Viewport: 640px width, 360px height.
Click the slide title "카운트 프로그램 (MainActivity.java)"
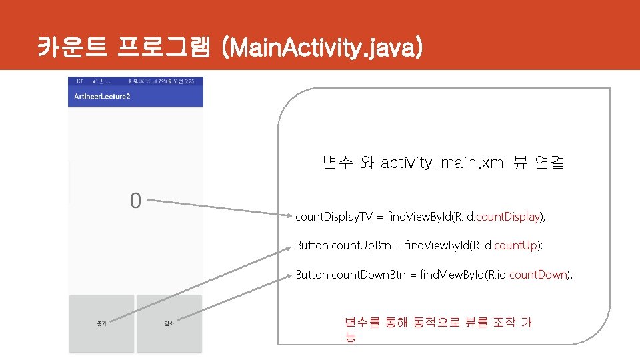(x=230, y=48)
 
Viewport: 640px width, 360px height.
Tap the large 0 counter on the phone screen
(x=135, y=201)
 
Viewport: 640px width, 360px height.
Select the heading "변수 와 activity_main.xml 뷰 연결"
(x=443, y=163)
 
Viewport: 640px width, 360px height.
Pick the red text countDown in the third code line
(x=537, y=275)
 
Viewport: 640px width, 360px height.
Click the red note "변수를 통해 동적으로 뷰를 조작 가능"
(x=437, y=329)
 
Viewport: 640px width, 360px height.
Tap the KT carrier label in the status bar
(x=80, y=81)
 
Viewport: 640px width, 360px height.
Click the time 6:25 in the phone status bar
(x=189, y=81)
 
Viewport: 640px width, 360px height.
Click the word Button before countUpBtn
(x=312, y=246)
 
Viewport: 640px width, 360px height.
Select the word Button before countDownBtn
(x=312, y=275)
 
